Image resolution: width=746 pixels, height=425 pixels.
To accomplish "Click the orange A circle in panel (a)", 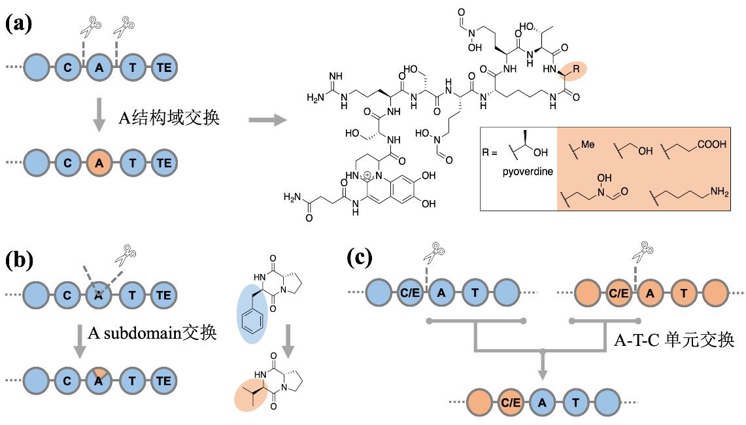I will pos(99,163).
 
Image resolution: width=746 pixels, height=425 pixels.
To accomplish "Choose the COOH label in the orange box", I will pos(711,145).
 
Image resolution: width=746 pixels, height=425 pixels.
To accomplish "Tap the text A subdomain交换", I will pos(152,332).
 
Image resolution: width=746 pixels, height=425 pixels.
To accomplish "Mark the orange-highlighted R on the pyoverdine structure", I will pos(575,69).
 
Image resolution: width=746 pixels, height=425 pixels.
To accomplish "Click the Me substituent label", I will pos(588,145).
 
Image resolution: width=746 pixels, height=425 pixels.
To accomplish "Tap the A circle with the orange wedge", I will pos(99,380).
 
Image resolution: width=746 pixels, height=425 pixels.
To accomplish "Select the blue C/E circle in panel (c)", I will pos(411,293).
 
